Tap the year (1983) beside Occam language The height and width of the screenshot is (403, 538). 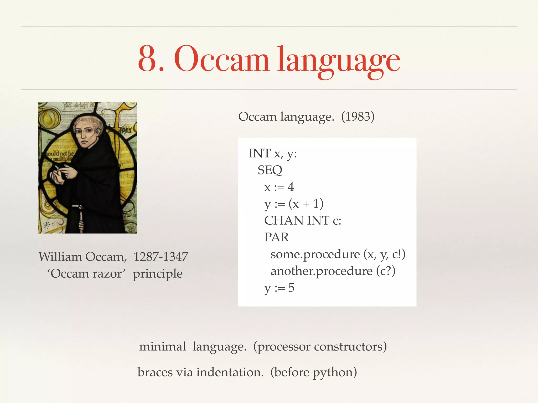pyautogui.click(x=358, y=116)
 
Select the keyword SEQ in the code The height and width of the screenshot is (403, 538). pyautogui.click(x=270, y=170)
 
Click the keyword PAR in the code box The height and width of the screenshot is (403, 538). pyautogui.click(x=276, y=237)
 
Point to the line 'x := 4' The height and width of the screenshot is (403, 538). pyautogui.click(x=279, y=187)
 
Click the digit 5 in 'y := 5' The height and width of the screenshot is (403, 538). pyautogui.click(x=291, y=288)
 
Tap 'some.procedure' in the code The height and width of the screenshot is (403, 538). pyautogui.click(x=315, y=254)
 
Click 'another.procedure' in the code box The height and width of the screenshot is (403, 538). pyautogui.click(x=321, y=271)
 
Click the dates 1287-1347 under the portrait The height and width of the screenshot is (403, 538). pyautogui.click(x=161, y=257)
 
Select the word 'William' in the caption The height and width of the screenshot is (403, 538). pyautogui.click(x=60, y=257)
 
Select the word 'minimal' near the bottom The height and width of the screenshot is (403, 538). pyautogui.click(x=162, y=347)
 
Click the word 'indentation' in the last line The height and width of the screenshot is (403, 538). pyautogui.click(x=230, y=372)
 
